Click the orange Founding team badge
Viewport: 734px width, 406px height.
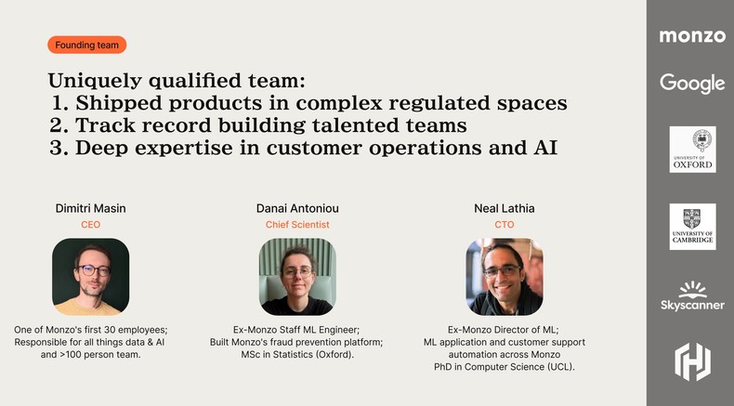86,45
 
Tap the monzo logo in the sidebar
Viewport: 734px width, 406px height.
692,36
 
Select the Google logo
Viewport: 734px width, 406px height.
692,83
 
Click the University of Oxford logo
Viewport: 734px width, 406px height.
692,150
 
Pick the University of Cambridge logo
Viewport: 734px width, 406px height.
692,227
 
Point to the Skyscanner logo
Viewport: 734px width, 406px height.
692,295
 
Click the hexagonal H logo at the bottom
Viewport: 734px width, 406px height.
692,361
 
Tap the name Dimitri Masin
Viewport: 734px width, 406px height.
90,208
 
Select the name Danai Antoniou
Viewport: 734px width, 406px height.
296,208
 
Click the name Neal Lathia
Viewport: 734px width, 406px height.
504,208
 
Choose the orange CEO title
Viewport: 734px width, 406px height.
90,225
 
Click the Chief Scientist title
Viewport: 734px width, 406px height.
296,225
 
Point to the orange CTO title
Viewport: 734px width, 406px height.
504,225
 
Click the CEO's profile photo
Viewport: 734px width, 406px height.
90,276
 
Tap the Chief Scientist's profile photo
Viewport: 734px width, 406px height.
296,276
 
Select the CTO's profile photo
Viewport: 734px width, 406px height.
504,276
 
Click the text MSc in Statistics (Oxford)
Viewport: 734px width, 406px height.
296,355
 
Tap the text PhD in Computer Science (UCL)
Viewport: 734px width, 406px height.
504,367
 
